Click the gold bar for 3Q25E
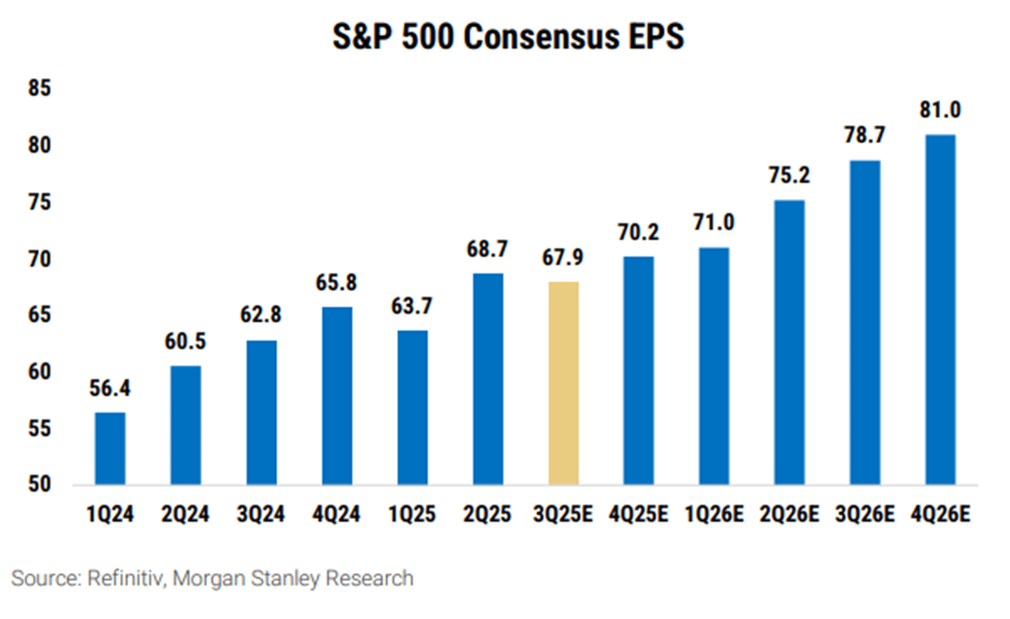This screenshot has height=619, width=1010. (563, 383)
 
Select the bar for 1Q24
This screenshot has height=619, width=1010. (111, 448)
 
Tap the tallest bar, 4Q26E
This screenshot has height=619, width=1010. (940, 309)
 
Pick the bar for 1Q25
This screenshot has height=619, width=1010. (413, 407)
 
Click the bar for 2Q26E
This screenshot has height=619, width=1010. (790, 342)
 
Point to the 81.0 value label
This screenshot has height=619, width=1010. (940, 112)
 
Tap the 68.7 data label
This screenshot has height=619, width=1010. (488, 251)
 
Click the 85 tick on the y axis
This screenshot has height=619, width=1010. (38, 88)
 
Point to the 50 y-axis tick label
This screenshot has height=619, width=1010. (38, 485)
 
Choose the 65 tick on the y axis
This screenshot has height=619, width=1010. (38, 316)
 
